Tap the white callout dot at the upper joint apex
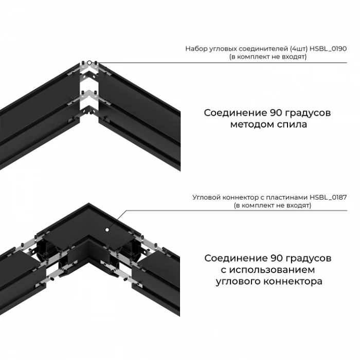[89, 63]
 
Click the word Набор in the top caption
[195, 49]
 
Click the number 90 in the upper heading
[275, 113]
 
